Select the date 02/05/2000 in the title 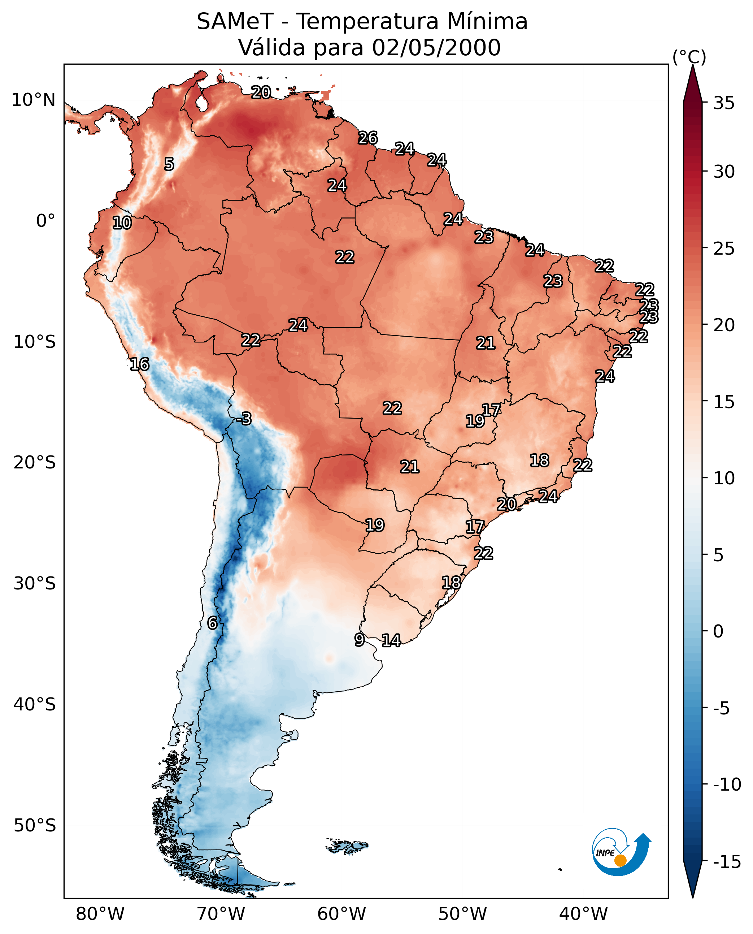tap(436, 47)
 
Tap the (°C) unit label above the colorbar tap(689, 57)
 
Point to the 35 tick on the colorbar tap(724, 103)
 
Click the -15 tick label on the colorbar tap(727, 861)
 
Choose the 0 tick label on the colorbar tap(718, 631)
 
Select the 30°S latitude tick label tap(35, 583)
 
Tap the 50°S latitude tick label tap(35, 825)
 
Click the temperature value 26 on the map tap(368, 138)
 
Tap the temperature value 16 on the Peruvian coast tap(140, 364)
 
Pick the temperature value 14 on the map tap(391, 640)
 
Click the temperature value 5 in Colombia tap(169, 164)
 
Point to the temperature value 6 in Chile tap(212, 623)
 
